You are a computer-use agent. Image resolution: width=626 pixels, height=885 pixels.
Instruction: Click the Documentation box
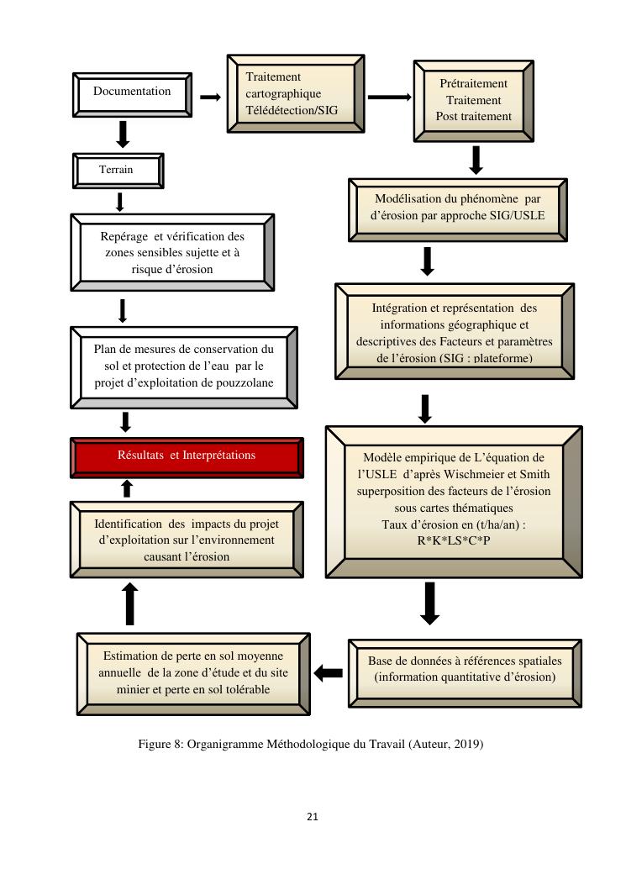tap(131, 92)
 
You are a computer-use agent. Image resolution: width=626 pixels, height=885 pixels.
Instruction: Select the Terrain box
tap(117, 170)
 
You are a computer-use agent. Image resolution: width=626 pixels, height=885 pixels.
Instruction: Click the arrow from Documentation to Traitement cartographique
tap(210, 97)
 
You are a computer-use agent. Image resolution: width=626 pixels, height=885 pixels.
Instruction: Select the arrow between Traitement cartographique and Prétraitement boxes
tap(389, 97)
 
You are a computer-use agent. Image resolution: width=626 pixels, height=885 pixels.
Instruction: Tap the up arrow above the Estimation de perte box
tap(130, 603)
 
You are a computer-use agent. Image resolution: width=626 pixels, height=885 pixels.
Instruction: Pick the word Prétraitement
tap(474, 83)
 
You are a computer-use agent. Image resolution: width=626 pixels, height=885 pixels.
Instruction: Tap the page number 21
tap(313, 816)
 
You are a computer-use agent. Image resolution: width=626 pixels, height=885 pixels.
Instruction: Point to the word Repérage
tap(125, 237)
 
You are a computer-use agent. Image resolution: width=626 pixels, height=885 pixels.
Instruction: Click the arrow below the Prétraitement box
tap(476, 160)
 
